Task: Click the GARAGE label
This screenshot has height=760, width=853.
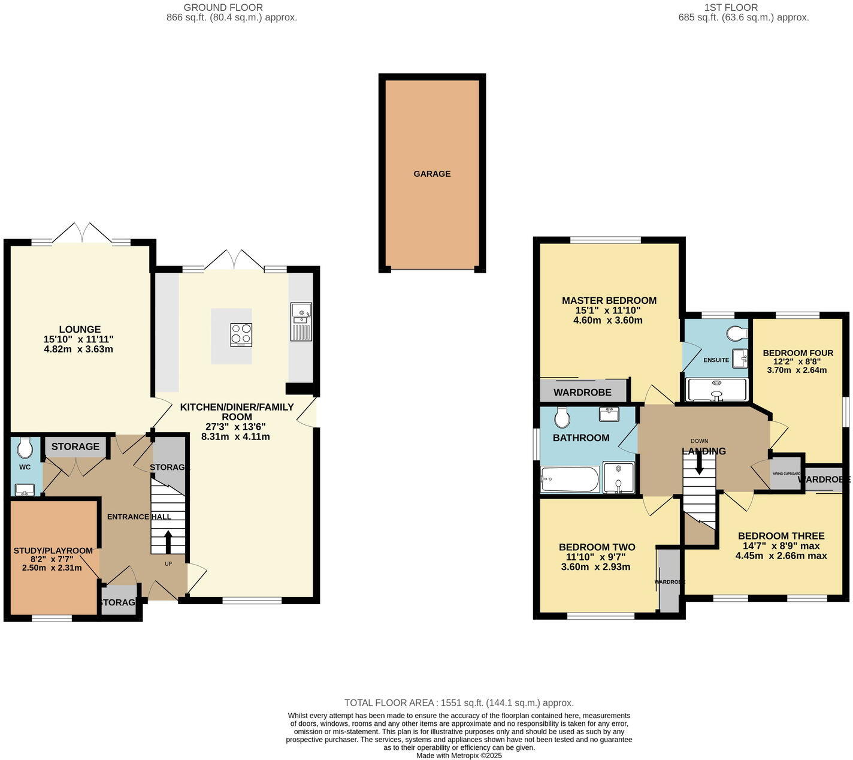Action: [431, 174]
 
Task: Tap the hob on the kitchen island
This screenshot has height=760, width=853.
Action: [241, 335]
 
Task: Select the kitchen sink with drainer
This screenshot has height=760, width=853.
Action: [301, 322]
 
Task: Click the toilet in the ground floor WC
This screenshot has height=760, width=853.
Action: [25, 448]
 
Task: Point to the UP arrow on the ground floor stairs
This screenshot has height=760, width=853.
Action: [168, 542]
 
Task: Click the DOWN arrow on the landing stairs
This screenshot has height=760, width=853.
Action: [698, 463]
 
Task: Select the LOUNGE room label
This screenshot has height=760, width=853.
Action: [80, 329]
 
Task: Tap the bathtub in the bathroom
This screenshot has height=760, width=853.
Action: [569, 479]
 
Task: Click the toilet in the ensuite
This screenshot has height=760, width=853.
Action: [736, 333]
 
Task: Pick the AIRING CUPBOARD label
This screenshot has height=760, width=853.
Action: [786, 474]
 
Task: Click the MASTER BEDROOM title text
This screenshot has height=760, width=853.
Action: [609, 300]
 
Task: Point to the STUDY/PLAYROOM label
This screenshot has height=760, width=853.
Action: [53, 551]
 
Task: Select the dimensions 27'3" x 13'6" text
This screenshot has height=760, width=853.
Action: [237, 427]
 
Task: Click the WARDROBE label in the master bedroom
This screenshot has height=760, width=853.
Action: [582, 393]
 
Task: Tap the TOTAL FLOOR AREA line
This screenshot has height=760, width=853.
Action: [459, 702]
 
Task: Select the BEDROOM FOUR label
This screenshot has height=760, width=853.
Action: [798, 353]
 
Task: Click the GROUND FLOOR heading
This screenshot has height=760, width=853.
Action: [223, 7]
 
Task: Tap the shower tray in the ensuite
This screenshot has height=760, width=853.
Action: [716, 390]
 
